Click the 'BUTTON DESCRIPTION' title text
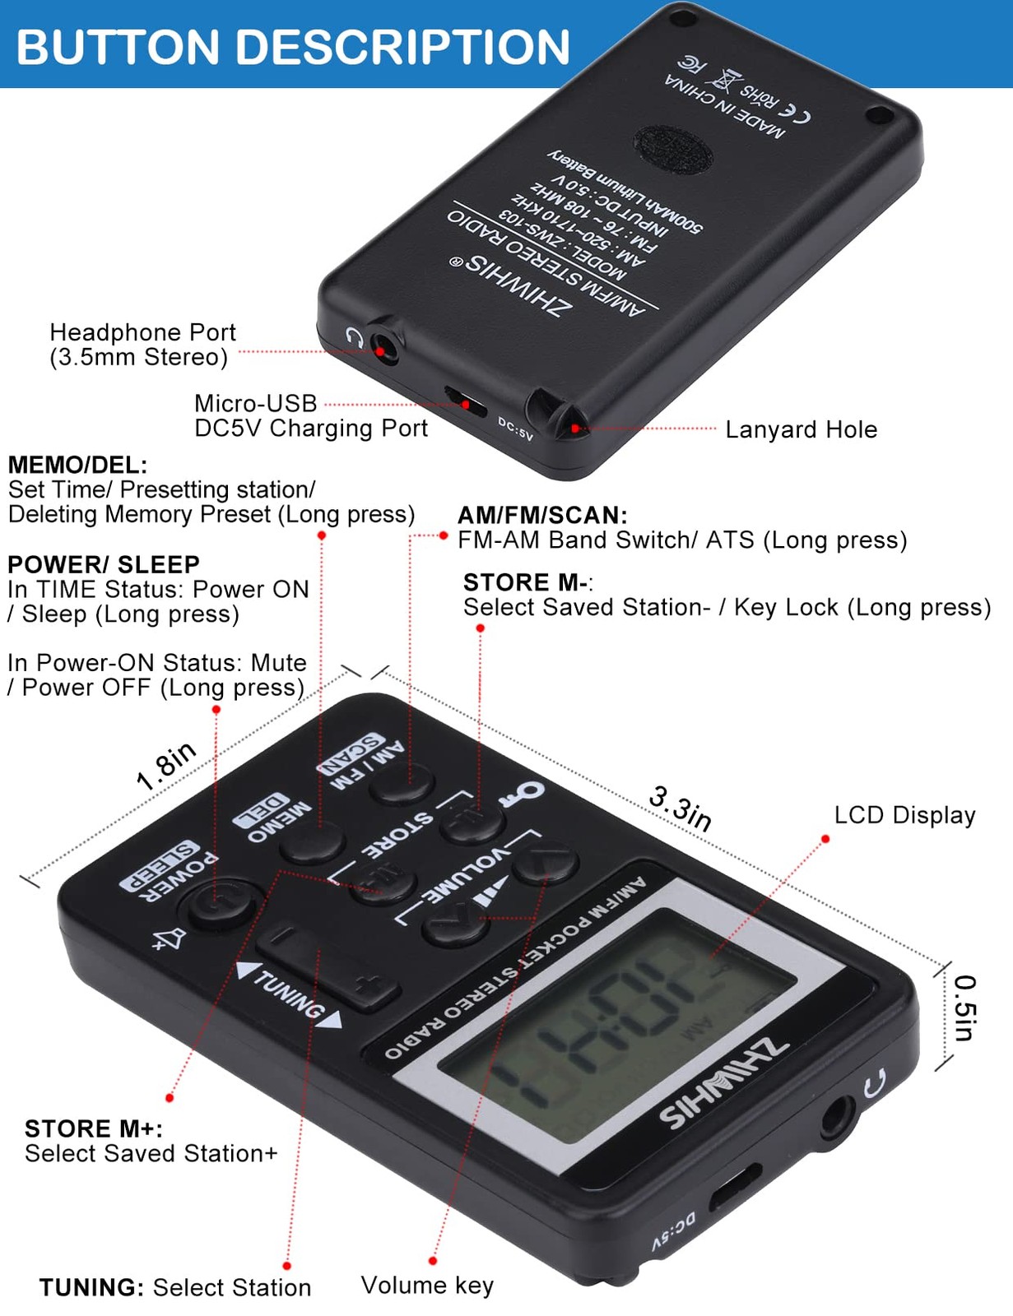[293, 46]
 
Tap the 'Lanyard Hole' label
[801, 429]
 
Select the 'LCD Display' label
[904, 815]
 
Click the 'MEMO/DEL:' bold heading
[77, 465]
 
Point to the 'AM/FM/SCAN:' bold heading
[542, 515]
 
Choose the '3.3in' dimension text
[681, 808]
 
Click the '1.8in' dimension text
[166, 765]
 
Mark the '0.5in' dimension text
[965, 1008]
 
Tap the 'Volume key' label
[427, 1286]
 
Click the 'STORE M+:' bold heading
[93, 1128]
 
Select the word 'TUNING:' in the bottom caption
[91, 1287]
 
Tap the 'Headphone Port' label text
[142, 332]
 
